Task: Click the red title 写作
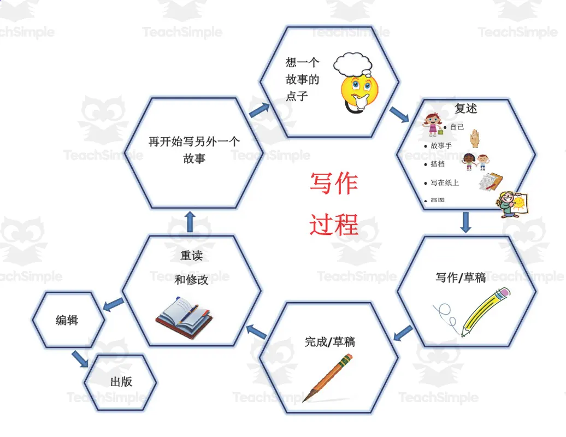(334, 183)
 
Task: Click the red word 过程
(334, 223)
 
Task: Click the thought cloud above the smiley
(353, 64)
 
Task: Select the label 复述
(465, 108)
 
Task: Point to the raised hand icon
(475, 138)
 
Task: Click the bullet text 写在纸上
(444, 183)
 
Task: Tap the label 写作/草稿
(460, 277)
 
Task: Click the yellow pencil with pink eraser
(485, 311)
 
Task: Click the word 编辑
(67, 321)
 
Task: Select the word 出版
(121, 382)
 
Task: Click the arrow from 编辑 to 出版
(80, 358)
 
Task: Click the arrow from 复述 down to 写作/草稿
(465, 222)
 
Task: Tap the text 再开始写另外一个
(194, 141)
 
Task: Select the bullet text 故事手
(441, 146)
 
